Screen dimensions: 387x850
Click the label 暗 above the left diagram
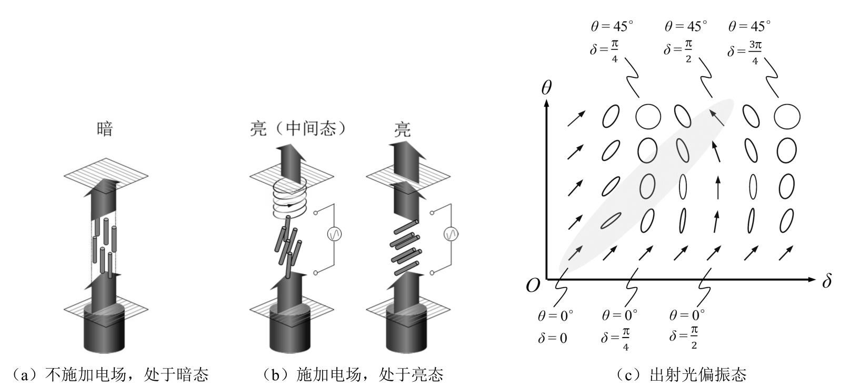(x=105, y=129)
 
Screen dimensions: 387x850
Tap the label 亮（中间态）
(x=298, y=129)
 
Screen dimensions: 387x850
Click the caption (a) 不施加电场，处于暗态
(x=111, y=375)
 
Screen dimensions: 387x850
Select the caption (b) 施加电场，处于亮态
(x=353, y=375)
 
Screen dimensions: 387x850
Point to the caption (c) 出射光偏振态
(x=681, y=375)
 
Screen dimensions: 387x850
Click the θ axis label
(x=546, y=87)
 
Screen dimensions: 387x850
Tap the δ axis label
(x=826, y=282)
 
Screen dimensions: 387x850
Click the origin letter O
(x=533, y=286)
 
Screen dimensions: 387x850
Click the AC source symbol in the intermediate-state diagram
(x=334, y=234)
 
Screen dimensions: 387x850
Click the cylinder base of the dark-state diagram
(x=104, y=329)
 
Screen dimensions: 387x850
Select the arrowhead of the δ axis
(x=811, y=279)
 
